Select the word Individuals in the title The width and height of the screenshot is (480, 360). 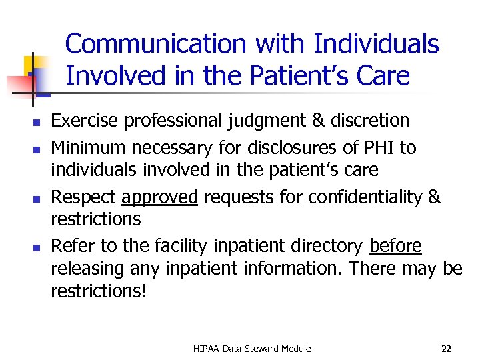click(x=376, y=45)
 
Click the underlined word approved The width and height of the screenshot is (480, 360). click(x=159, y=198)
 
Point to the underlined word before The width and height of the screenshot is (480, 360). click(x=395, y=246)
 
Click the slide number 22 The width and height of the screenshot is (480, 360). click(x=446, y=348)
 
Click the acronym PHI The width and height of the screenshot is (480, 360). click(x=381, y=147)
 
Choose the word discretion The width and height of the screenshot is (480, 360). click(x=370, y=121)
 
